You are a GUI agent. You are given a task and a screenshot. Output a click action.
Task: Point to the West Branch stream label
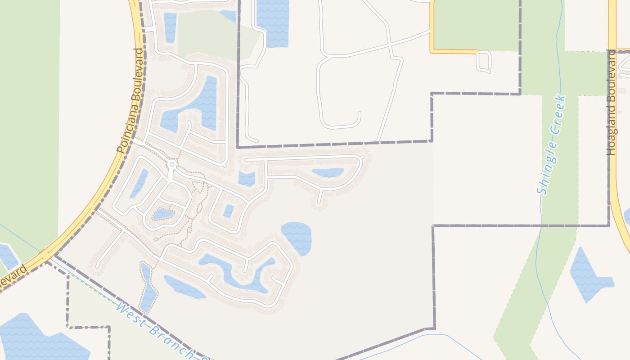point(157,331)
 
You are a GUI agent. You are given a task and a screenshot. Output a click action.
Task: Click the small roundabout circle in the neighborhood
point(171,165)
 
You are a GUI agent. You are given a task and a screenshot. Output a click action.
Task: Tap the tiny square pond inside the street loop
point(229,211)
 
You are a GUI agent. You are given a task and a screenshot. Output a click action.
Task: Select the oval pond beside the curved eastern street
point(328,172)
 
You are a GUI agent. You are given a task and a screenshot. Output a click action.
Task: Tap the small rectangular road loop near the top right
point(484,62)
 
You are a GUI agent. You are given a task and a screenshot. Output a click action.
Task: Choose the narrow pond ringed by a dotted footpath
point(148,288)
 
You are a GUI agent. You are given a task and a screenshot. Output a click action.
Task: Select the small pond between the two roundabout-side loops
point(162,214)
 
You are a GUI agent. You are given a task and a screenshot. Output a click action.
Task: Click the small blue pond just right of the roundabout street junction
point(247,179)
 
